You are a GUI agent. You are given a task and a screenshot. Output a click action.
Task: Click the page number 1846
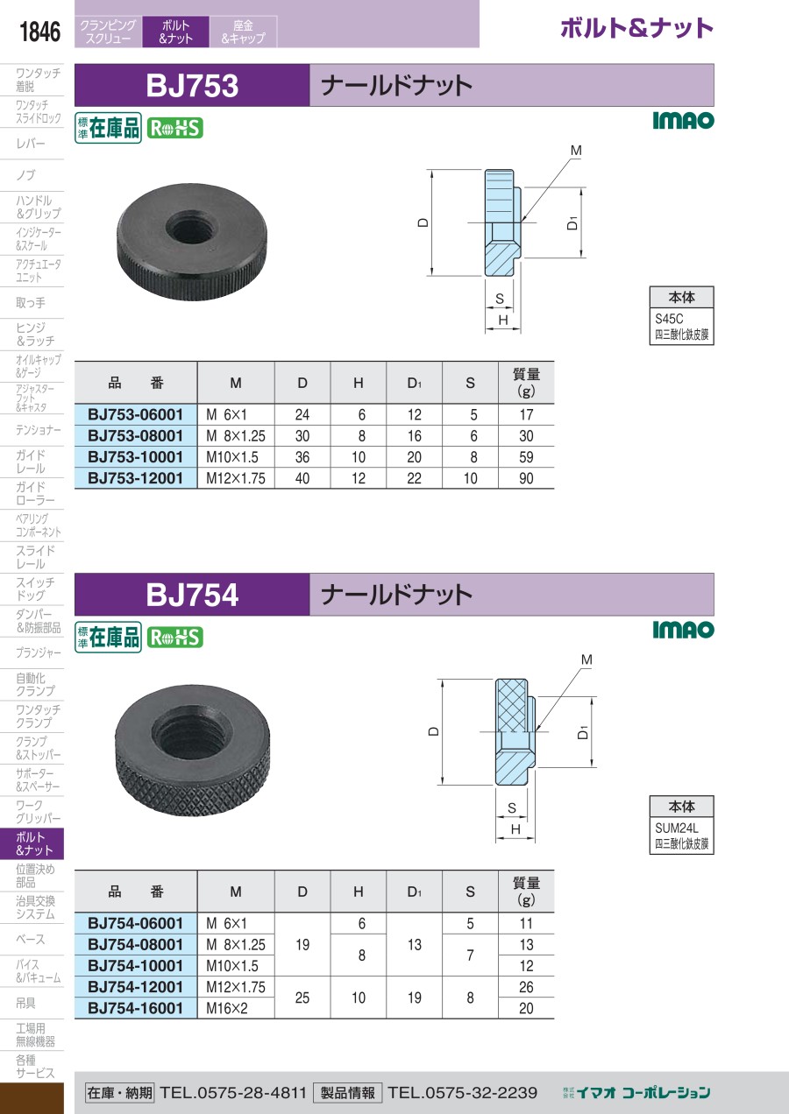[x=39, y=32]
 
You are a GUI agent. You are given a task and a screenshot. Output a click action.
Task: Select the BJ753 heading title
[x=192, y=86]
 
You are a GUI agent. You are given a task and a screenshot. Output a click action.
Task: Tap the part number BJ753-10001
[x=135, y=457]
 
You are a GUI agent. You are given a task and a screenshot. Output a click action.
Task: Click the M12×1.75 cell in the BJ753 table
[x=236, y=478]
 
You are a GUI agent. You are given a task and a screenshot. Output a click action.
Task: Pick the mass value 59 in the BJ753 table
[x=526, y=457]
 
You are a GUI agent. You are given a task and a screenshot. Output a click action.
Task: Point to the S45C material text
[x=669, y=319]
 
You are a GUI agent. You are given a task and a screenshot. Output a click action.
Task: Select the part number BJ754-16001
[x=135, y=1008]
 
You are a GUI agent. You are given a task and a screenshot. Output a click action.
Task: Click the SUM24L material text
[x=677, y=828]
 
